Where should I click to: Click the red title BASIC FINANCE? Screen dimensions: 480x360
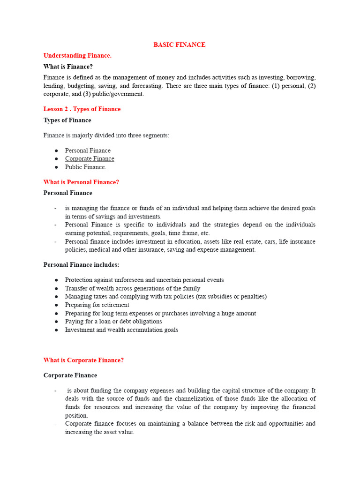(x=180, y=45)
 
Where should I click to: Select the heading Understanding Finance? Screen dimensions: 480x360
(x=77, y=55)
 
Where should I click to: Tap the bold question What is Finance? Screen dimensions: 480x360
(x=68, y=67)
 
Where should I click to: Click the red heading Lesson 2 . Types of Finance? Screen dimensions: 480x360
(x=82, y=109)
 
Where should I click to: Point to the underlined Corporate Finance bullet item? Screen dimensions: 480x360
(x=90, y=159)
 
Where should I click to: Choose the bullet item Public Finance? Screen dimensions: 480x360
(x=85, y=167)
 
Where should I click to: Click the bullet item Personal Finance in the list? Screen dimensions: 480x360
(x=88, y=150)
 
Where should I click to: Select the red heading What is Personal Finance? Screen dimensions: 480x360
(x=81, y=182)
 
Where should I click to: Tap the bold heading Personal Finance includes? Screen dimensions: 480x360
(x=81, y=265)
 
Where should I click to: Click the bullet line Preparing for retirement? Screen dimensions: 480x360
(x=97, y=305)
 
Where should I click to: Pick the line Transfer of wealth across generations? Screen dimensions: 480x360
(x=133, y=288)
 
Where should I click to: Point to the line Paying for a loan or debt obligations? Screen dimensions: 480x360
(x=113, y=322)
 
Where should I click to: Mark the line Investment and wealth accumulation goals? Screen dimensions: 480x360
(x=121, y=330)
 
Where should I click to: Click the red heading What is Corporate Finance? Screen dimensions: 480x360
(x=83, y=360)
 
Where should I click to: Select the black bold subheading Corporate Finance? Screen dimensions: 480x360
(x=70, y=375)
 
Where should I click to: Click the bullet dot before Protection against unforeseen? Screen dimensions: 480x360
(x=56, y=280)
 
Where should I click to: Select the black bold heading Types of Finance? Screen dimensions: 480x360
(x=67, y=120)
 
